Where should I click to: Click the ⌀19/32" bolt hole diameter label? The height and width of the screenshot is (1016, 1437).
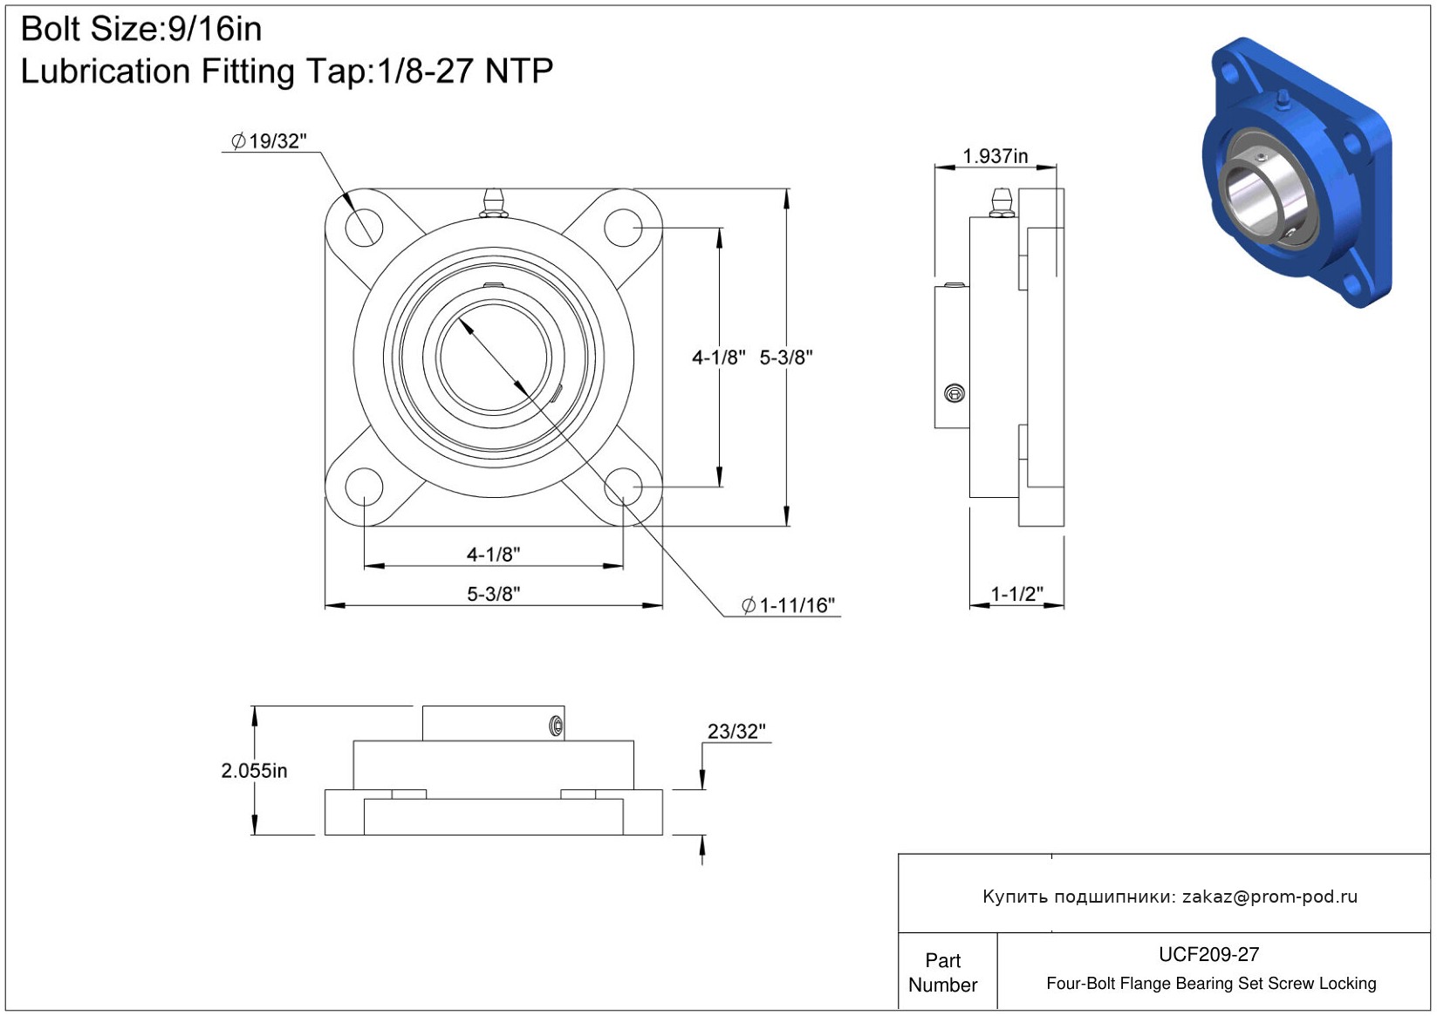coord(270,141)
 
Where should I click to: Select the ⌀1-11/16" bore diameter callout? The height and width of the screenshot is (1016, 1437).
coord(789,605)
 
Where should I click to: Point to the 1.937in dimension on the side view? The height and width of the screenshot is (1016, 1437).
coord(995,156)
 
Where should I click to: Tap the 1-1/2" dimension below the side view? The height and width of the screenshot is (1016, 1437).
coord(1016,594)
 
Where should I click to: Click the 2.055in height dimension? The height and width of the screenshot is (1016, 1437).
coord(254,770)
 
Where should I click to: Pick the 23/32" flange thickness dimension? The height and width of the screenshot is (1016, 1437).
coord(736,731)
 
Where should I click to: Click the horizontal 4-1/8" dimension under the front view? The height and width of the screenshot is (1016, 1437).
coord(493,554)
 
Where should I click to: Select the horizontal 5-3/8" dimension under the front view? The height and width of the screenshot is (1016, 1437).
coord(493,594)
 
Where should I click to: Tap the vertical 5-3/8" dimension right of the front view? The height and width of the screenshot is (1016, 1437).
coord(786,357)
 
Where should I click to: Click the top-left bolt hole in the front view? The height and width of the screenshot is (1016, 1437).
coord(364,228)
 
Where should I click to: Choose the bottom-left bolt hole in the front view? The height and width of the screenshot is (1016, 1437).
coord(364,487)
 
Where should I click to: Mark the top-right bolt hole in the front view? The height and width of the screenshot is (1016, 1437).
coord(623,228)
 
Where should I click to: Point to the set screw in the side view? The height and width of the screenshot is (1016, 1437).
coord(955,393)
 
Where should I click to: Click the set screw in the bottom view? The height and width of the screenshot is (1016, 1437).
coord(556,726)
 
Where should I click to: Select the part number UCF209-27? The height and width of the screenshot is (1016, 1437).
coord(1208,954)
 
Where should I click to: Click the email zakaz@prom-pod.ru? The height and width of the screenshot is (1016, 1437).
coord(1269,897)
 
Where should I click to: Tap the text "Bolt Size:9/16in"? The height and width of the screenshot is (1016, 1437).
coord(141,30)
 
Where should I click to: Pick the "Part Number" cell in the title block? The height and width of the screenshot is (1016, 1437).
coord(943,972)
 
